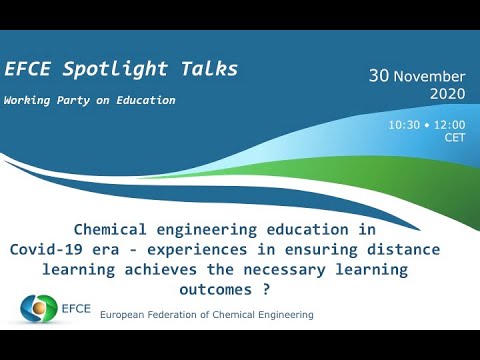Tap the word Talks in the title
point(206,69)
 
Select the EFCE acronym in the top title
point(31,69)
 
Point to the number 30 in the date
point(378,76)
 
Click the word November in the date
point(430,76)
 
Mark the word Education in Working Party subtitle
point(143,101)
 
